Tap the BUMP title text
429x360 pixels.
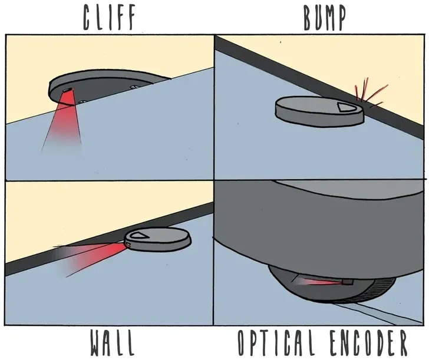(x=324, y=18)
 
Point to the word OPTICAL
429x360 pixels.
(x=280, y=343)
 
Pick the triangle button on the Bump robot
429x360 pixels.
(x=348, y=107)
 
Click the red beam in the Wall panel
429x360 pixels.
(x=94, y=255)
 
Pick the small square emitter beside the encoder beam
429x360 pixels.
(x=347, y=282)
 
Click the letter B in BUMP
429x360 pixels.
(x=309, y=18)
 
